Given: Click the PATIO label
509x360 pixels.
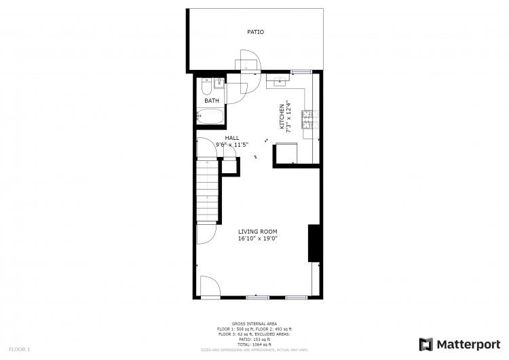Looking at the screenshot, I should (x=255, y=32).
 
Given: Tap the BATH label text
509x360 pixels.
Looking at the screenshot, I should (x=212, y=101).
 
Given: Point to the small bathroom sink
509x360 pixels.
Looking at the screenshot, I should (x=219, y=84).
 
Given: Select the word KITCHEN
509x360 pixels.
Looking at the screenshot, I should (x=282, y=117).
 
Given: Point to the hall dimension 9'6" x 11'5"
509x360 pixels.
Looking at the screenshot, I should (x=232, y=144).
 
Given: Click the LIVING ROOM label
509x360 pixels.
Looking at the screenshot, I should (x=257, y=232).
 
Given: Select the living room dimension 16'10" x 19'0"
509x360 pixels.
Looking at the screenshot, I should (x=257, y=238).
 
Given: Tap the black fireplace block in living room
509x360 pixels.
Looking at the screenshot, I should (x=314, y=242).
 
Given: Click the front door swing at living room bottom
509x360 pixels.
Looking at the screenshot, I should (x=209, y=286).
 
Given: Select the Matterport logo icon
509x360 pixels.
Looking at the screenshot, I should (x=426, y=344).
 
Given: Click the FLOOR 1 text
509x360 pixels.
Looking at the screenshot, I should (x=19, y=349).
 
